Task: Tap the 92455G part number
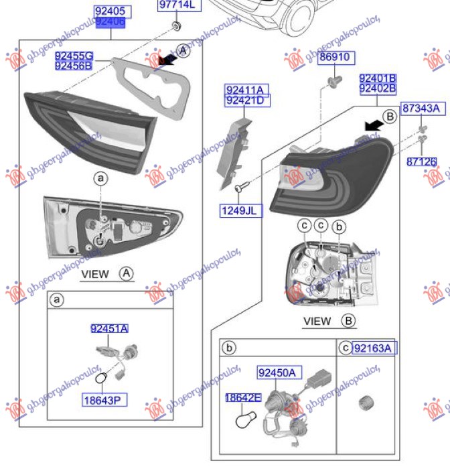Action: click(74, 56)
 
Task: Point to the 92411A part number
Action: click(244, 90)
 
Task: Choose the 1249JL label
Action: click(242, 211)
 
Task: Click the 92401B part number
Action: click(378, 78)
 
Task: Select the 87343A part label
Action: click(421, 108)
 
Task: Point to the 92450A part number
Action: click(281, 373)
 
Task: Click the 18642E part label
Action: click(242, 398)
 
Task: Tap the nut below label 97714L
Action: click(175, 26)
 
